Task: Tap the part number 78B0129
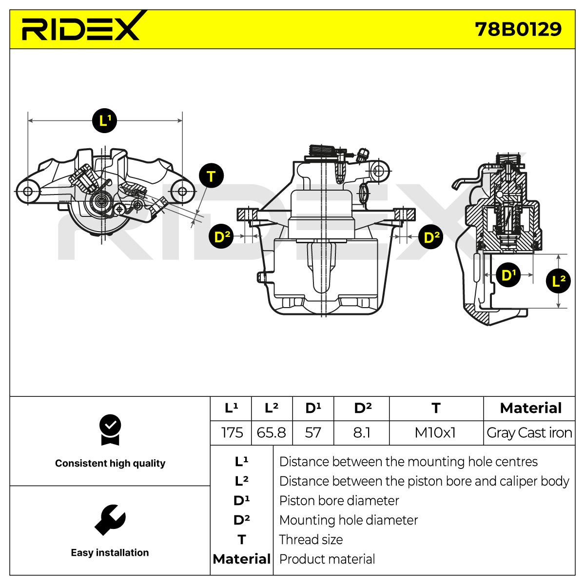[518, 29]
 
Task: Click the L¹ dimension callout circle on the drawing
[104, 120]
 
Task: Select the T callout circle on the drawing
[211, 176]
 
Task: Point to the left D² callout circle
[221, 236]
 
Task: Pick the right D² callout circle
[431, 237]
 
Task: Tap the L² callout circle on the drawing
[558, 281]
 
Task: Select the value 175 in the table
[232, 432]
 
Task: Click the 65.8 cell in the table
[272, 432]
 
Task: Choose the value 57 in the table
[313, 432]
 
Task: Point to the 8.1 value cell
[362, 432]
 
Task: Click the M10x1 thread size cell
[435, 432]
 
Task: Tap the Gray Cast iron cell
[529, 433]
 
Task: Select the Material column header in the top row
[531, 408]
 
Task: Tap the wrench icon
[110, 520]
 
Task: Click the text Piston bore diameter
[339, 501]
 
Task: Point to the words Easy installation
[110, 552]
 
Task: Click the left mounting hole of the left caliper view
[28, 192]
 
